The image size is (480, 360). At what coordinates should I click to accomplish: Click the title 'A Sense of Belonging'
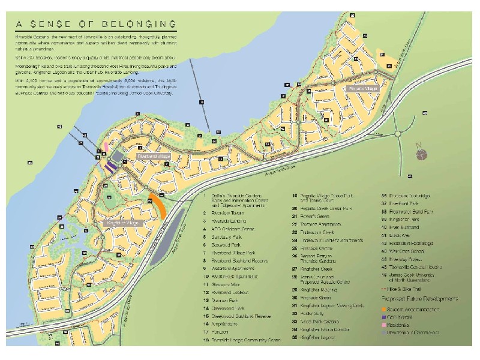click(x=96, y=25)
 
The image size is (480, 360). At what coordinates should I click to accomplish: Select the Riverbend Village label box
click(x=154, y=156)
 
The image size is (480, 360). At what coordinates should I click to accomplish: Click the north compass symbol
click(x=424, y=154)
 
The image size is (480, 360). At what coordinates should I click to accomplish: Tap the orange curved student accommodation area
click(x=159, y=207)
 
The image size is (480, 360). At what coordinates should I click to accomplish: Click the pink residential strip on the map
click(x=106, y=147)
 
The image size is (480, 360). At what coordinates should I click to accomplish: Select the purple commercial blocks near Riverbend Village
click(x=111, y=167)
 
